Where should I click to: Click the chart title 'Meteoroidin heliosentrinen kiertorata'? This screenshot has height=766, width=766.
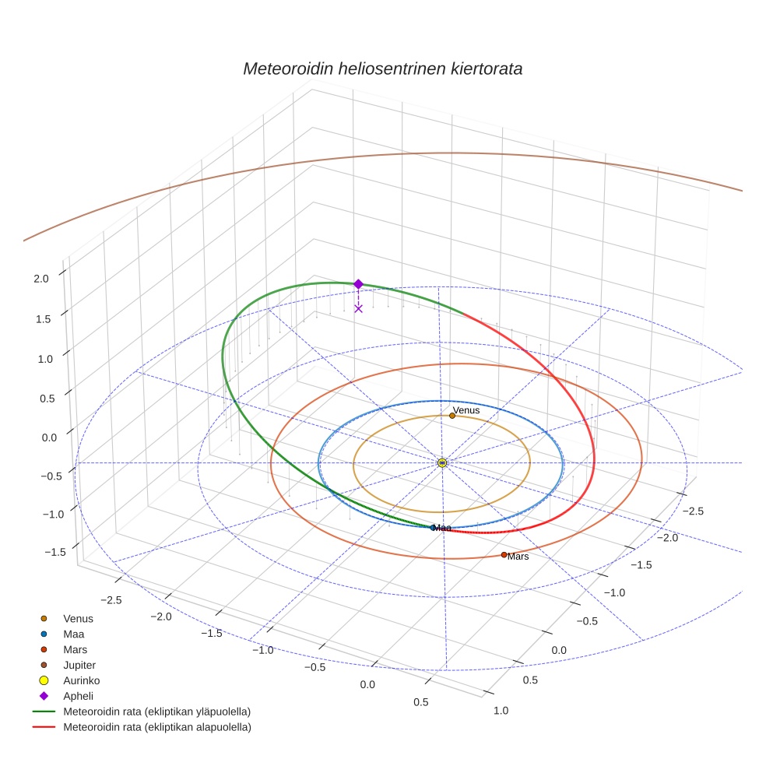click(382, 69)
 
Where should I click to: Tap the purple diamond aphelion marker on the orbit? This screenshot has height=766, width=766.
click(358, 284)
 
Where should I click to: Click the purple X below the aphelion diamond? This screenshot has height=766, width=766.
click(358, 308)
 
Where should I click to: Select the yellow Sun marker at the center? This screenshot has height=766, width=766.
click(442, 463)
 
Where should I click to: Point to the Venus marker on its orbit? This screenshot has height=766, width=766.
click(452, 416)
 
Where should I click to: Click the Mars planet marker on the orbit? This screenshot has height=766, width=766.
click(504, 554)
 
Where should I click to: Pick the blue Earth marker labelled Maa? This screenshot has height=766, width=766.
click(434, 528)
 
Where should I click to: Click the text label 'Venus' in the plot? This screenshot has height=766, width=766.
click(466, 409)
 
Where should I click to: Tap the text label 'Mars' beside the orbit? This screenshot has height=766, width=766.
click(518, 557)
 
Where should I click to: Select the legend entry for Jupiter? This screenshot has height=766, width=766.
click(79, 665)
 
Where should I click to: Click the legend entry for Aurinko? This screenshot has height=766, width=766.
click(81, 680)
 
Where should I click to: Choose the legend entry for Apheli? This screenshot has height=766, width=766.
click(78, 696)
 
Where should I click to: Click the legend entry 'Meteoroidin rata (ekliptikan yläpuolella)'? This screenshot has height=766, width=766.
click(156, 712)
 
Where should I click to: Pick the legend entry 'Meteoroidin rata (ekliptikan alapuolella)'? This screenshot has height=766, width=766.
click(156, 727)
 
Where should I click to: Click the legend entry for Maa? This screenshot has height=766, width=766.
click(73, 634)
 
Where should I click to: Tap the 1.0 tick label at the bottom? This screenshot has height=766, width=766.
click(501, 710)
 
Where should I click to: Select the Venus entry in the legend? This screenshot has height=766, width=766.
click(78, 618)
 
